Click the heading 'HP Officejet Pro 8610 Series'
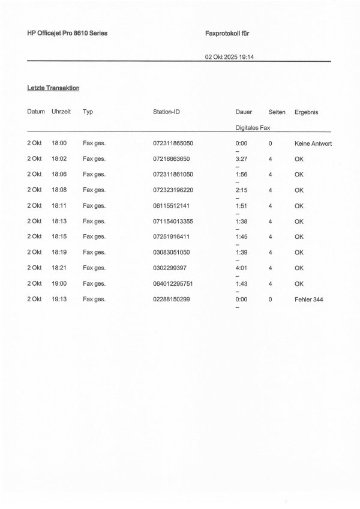click(67, 34)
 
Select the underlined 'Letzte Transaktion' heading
click(53, 88)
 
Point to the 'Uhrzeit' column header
click(62, 112)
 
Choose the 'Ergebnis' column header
click(307, 112)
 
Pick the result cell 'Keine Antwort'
click(313, 144)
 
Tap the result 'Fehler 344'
click(309, 299)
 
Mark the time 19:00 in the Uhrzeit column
click(59, 283)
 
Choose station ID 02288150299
click(172, 299)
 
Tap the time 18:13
click(59, 221)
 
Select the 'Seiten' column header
click(277, 112)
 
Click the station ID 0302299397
click(170, 268)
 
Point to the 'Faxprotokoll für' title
click(227, 34)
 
